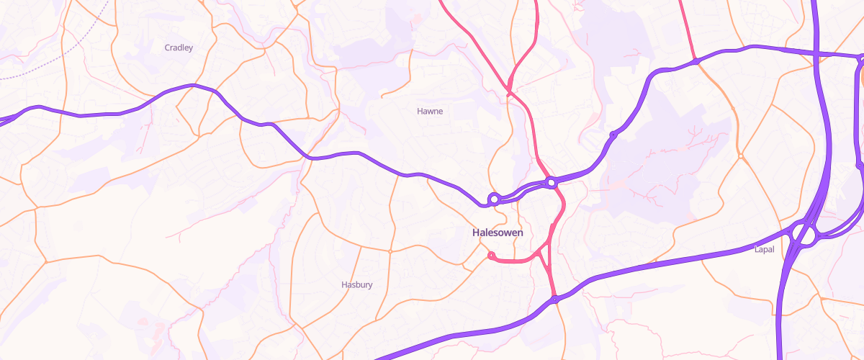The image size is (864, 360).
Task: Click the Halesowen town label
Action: (498, 233)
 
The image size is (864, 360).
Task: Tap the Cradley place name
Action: (179, 48)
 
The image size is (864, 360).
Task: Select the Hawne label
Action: (430, 111)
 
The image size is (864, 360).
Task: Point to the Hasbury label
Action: (356, 284)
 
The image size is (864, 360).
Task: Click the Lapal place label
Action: (763, 249)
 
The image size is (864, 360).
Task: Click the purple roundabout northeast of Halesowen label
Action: (552, 183)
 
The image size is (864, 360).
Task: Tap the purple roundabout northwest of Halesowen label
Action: (494, 199)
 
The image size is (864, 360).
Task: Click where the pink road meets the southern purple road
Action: (555, 299)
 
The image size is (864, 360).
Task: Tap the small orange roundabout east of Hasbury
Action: (390, 251)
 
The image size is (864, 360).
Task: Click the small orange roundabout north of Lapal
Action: (739, 156)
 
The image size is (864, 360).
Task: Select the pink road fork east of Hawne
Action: (509, 92)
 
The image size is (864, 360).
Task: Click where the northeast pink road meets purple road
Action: (696, 62)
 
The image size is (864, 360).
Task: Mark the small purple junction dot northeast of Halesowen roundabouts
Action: (613, 135)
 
